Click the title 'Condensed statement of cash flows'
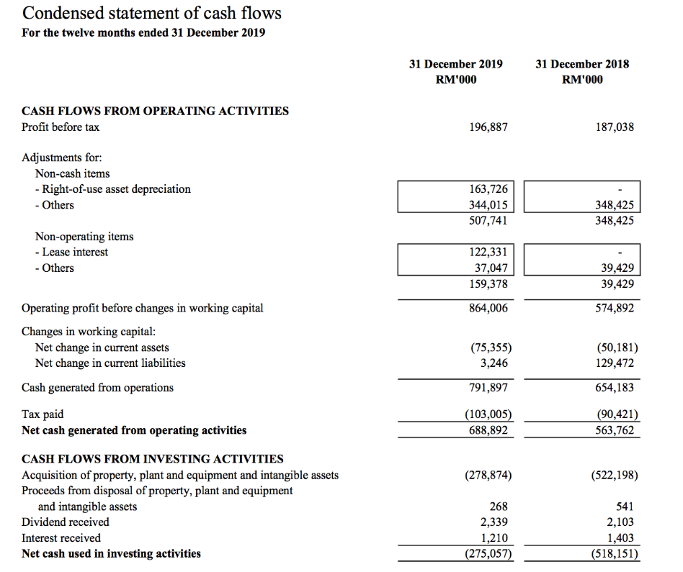click(x=152, y=13)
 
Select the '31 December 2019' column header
click(x=455, y=64)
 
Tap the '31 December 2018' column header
click(x=582, y=64)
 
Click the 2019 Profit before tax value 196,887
click(x=488, y=127)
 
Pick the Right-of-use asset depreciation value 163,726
click(x=488, y=189)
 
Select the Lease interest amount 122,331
click(x=488, y=253)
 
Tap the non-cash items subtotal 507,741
click(x=488, y=221)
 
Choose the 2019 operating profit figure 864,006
click(x=488, y=308)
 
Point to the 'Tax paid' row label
click(x=43, y=414)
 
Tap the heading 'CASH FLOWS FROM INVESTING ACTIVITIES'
click(x=153, y=459)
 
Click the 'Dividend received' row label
click(x=66, y=522)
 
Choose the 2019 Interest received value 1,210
click(x=494, y=538)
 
